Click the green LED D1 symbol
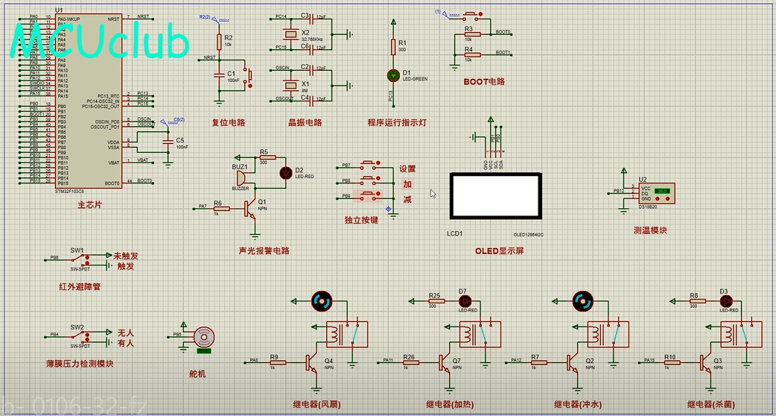[393, 75]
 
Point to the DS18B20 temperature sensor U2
[655, 193]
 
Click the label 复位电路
[229, 123]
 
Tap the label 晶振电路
[305, 123]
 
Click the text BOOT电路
[483, 81]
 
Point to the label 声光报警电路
[264, 251]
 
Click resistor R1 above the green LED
[393, 47]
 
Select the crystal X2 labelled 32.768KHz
[293, 34]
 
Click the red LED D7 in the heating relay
[462, 301]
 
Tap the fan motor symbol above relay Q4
[322, 300]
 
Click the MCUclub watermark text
[101, 42]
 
